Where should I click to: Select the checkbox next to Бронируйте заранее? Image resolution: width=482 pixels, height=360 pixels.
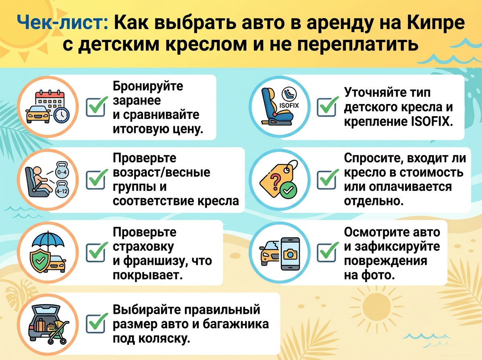96,107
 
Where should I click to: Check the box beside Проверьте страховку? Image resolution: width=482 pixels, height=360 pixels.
96,252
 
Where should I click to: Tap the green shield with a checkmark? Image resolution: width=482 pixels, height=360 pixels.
40,260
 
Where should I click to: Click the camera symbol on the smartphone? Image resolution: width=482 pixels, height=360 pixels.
290,254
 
